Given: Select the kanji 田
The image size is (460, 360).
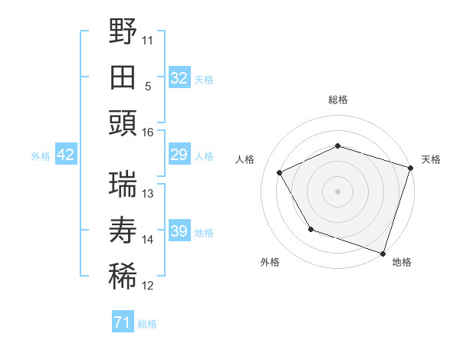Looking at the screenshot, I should (x=123, y=77).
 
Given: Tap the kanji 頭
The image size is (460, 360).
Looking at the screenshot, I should (x=123, y=123).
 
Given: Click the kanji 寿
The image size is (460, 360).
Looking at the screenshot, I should (x=123, y=231).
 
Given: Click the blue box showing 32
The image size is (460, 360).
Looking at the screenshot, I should (x=179, y=78).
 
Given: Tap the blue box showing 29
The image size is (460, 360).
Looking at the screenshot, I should (x=179, y=155).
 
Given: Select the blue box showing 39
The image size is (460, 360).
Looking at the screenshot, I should (x=179, y=232).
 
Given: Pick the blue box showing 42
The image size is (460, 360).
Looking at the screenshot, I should (x=65, y=155).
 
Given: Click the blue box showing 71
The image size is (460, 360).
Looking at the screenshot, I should (x=122, y=323).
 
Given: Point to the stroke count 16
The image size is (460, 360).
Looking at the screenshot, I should (x=148, y=133).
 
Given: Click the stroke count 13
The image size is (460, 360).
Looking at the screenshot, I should (x=149, y=194).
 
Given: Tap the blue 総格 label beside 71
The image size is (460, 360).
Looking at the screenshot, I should (x=147, y=324).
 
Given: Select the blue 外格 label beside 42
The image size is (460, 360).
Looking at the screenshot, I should (x=41, y=156).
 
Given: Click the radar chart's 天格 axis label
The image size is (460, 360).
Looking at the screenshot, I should (x=431, y=159).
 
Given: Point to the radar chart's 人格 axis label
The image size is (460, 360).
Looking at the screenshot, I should (x=245, y=159).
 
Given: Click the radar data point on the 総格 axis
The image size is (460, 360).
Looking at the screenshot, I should (x=337, y=146).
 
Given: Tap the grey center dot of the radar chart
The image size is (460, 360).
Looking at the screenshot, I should (x=337, y=191).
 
